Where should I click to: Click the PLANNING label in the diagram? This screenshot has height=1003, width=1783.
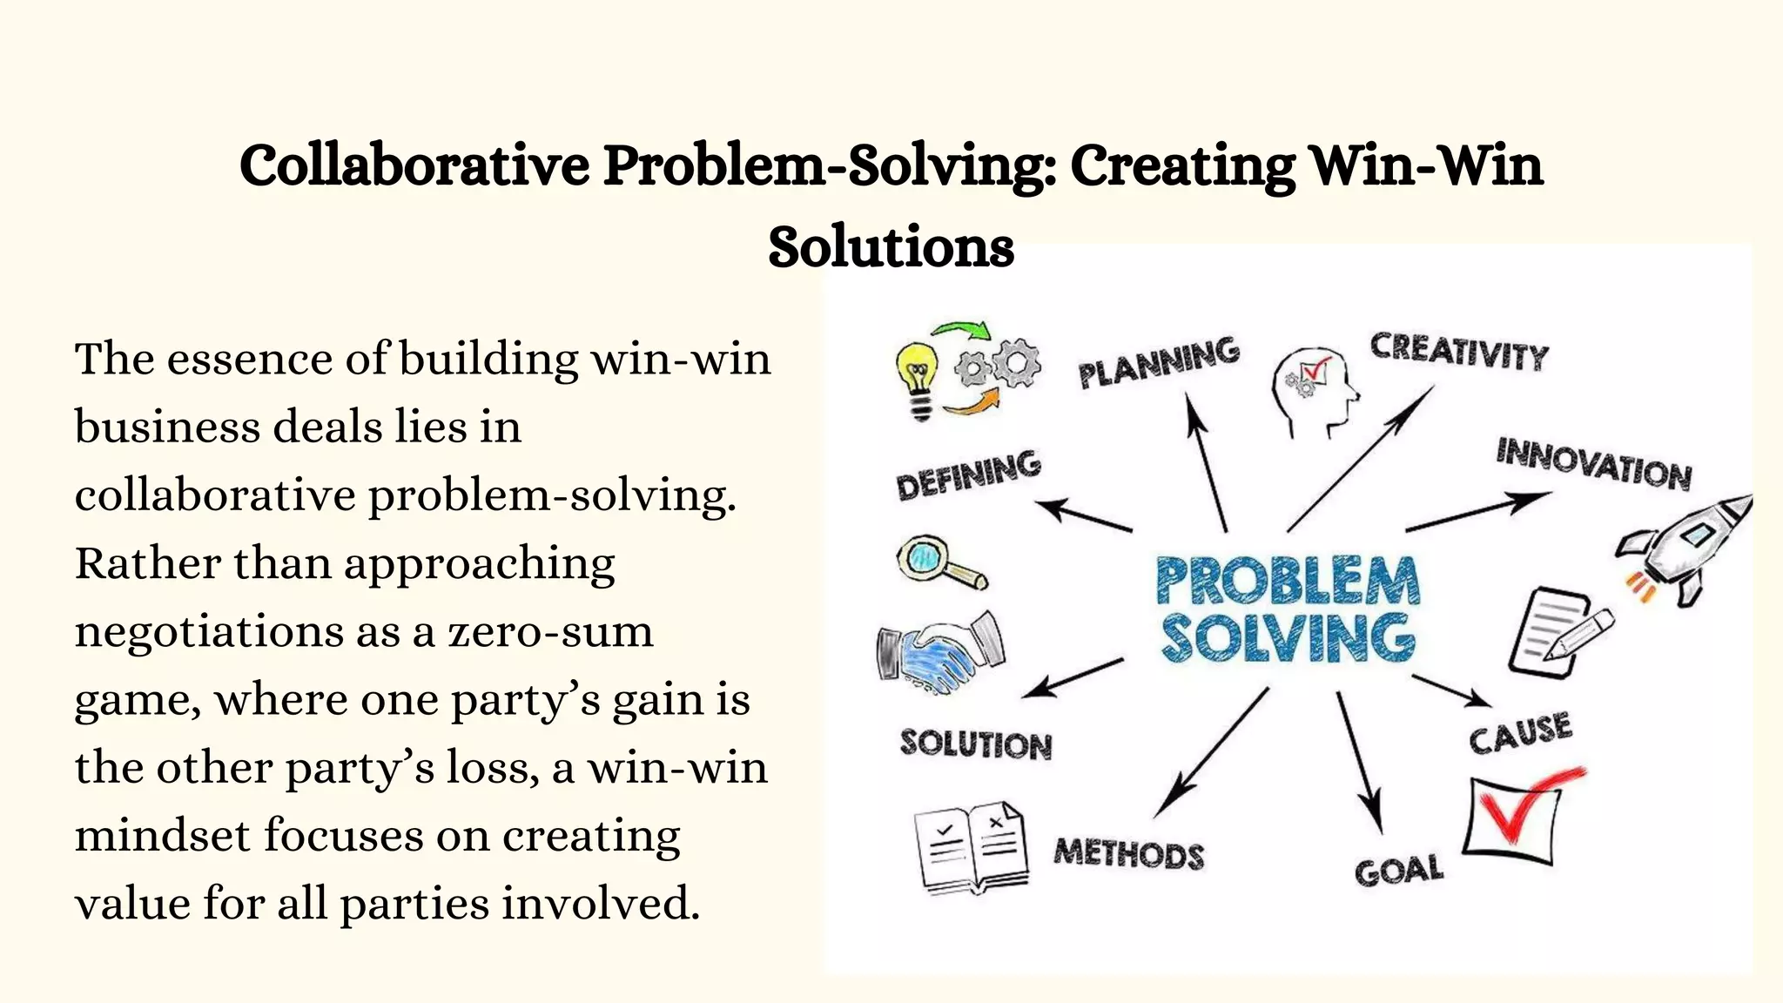tap(1159, 362)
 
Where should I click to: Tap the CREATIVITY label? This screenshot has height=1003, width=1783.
tap(1459, 352)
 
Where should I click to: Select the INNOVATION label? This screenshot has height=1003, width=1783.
tap(1593, 463)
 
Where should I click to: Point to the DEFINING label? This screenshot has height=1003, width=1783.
tap(968, 475)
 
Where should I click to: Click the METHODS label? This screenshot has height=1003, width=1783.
tap(1128, 853)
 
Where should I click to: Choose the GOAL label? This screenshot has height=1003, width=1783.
tap(1398, 870)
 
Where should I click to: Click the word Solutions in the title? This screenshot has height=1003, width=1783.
tap(891, 246)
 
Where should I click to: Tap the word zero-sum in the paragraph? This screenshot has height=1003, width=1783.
tap(550, 631)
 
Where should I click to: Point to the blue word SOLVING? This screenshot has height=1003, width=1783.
tap(1287, 640)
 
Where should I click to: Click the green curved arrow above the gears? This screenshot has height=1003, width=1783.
tap(962, 332)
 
